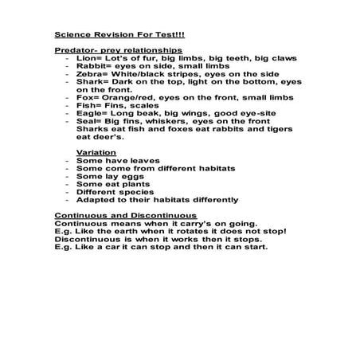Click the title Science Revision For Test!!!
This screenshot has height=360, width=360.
pyautogui.click(x=108, y=34)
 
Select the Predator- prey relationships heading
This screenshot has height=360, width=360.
pyautogui.click(x=108, y=49)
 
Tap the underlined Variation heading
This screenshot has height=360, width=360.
pyautogui.click(x=96, y=151)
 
